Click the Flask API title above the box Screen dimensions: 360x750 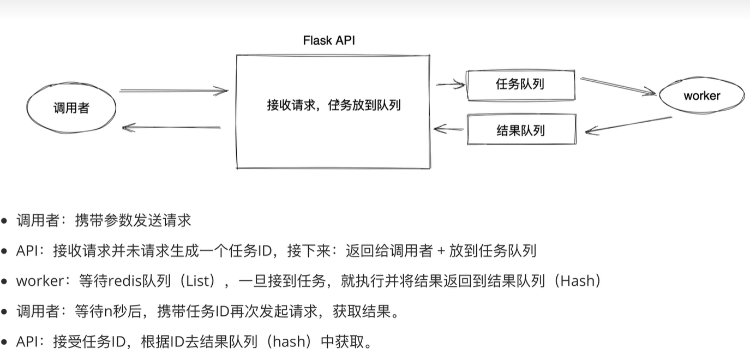click(329, 40)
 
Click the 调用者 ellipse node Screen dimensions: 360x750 click(71, 108)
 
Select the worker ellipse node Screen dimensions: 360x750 click(701, 96)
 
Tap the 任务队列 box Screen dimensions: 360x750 click(521, 85)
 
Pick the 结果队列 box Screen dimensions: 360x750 click(521, 130)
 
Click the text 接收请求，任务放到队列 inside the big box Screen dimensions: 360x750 click(333, 105)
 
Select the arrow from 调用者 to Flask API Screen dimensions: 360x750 click(173, 91)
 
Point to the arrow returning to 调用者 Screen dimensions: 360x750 click(171, 128)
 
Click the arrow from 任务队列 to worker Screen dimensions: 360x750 click(617, 86)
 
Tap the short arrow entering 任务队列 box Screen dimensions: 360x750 click(451, 84)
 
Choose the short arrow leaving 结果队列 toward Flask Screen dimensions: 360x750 click(448, 129)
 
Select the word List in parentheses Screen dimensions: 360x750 click(198, 281)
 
